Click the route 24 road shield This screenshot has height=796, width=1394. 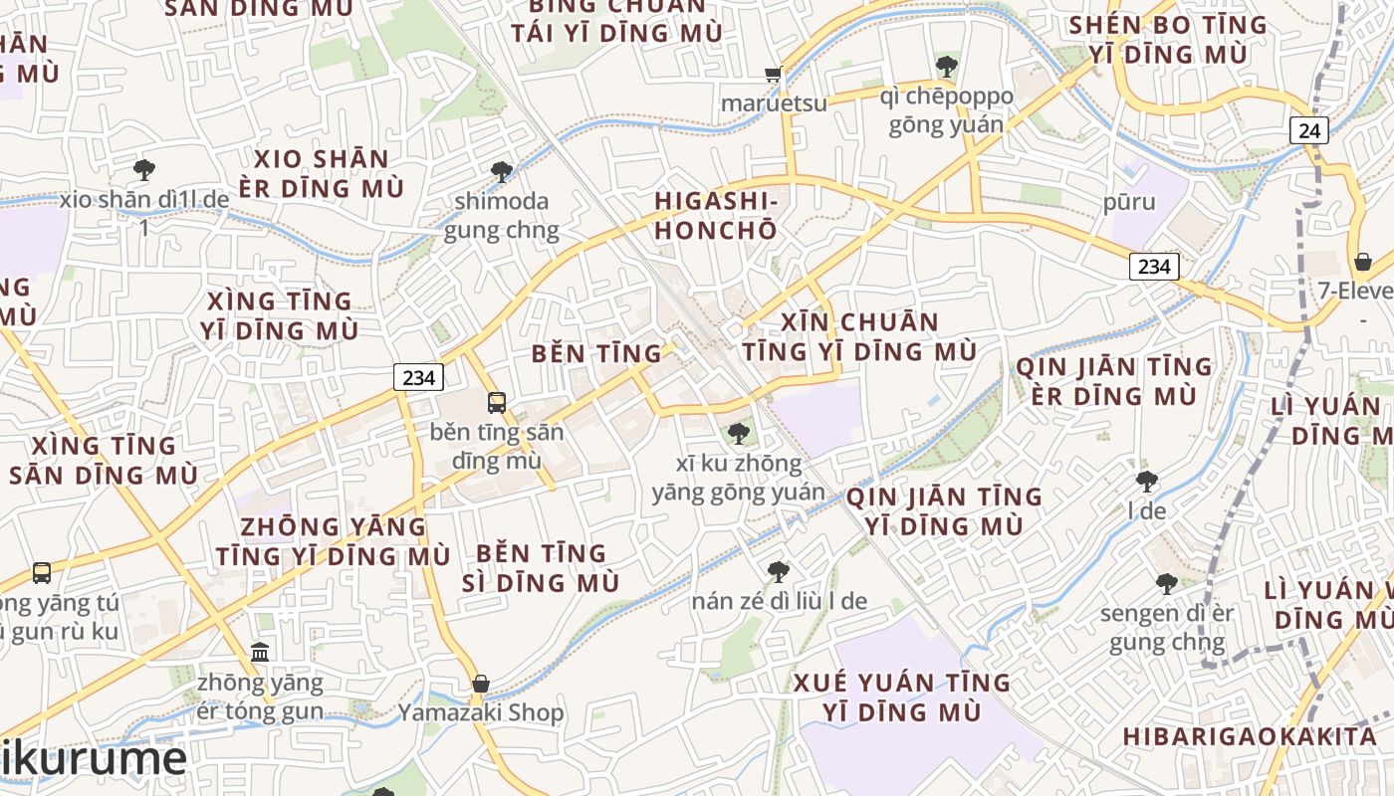tap(1309, 130)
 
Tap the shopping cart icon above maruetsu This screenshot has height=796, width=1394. tap(774, 75)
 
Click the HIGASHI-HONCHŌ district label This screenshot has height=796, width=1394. tap(715, 215)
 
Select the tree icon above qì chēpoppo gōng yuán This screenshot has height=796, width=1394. tap(946, 68)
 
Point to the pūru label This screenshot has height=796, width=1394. tap(1129, 202)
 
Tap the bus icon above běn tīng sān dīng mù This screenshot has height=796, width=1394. tap(497, 403)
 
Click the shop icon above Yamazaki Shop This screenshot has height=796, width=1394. tap(481, 684)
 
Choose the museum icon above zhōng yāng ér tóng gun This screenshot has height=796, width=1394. tap(260, 653)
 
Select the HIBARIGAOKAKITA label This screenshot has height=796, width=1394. tap(1250, 736)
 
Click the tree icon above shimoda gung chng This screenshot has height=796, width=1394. tap(502, 172)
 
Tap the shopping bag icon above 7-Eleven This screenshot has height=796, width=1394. tap(1362, 262)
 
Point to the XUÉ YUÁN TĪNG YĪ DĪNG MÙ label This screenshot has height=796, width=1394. tap(902, 696)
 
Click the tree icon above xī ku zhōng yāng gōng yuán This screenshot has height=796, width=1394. tap(738, 434)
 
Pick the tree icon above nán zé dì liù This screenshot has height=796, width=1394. tap(779, 572)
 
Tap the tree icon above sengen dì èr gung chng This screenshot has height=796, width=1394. tap(1167, 584)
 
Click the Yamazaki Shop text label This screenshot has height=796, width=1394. tap(481, 712)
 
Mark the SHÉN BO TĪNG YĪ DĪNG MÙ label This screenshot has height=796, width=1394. tap(1168, 39)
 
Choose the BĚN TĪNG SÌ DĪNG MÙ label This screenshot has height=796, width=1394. tap(541, 567)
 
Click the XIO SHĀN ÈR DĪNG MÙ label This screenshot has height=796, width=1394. tap(322, 173)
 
